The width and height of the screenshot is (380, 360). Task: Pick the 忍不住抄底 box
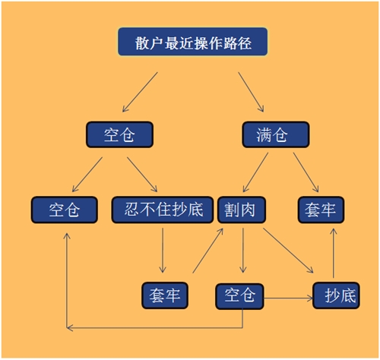pyautogui.click(x=162, y=209)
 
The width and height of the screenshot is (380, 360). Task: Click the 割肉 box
pyautogui.click(x=241, y=209)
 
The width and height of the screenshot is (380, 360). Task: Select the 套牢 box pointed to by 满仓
pyautogui.click(x=321, y=209)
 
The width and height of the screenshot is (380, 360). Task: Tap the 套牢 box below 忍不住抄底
pyautogui.click(x=165, y=295)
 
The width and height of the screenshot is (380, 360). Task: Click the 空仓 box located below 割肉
pyautogui.click(x=239, y=295)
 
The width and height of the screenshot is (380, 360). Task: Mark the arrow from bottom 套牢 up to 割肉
pyautogui.click(x=209, y=249)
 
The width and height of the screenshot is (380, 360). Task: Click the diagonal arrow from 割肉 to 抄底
pyautogui.click(x=290, y=250)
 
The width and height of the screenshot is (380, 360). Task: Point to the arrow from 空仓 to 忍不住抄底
pyautogui.click(x=142, y=173)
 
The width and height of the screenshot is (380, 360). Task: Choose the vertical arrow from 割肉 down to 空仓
pyautogui.click(x=242, y=251)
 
